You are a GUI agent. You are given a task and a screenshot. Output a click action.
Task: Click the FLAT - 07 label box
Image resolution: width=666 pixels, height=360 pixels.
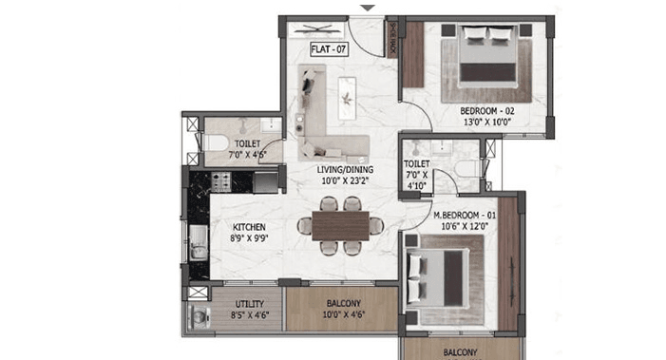[x=330, y=47]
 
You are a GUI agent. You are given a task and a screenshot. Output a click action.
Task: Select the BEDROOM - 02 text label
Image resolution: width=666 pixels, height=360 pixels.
[x=475, y=111]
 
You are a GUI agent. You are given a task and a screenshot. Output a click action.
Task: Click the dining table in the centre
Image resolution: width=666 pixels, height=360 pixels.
[x=340, y=225]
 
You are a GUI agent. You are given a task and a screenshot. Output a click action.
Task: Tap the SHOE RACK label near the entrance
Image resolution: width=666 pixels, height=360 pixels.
[x=392, y=40]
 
